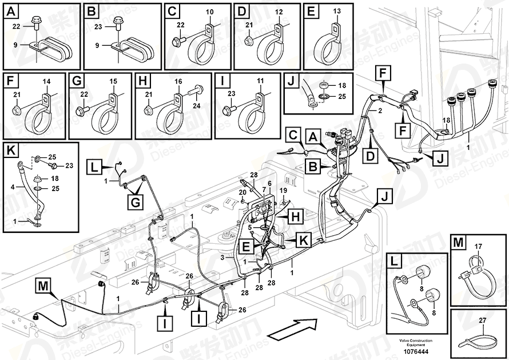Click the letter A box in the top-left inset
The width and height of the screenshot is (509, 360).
[x=11, y=11]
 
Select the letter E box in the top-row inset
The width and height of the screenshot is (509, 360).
[x=312, y=11]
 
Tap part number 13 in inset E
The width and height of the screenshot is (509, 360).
[x=336, y=11]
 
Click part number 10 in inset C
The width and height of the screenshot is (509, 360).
[x=209, y=11]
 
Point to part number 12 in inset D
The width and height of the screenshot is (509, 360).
[x=279, y=11]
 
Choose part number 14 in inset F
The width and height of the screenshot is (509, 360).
[x=46, y=82]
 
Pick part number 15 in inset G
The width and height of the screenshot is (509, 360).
[x=113, y=82]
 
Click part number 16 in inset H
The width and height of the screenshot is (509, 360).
[x=178, y=82]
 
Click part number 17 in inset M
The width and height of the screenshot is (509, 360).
[x=479, y=247]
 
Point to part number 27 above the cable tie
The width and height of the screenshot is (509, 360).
[x=483, y=321]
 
